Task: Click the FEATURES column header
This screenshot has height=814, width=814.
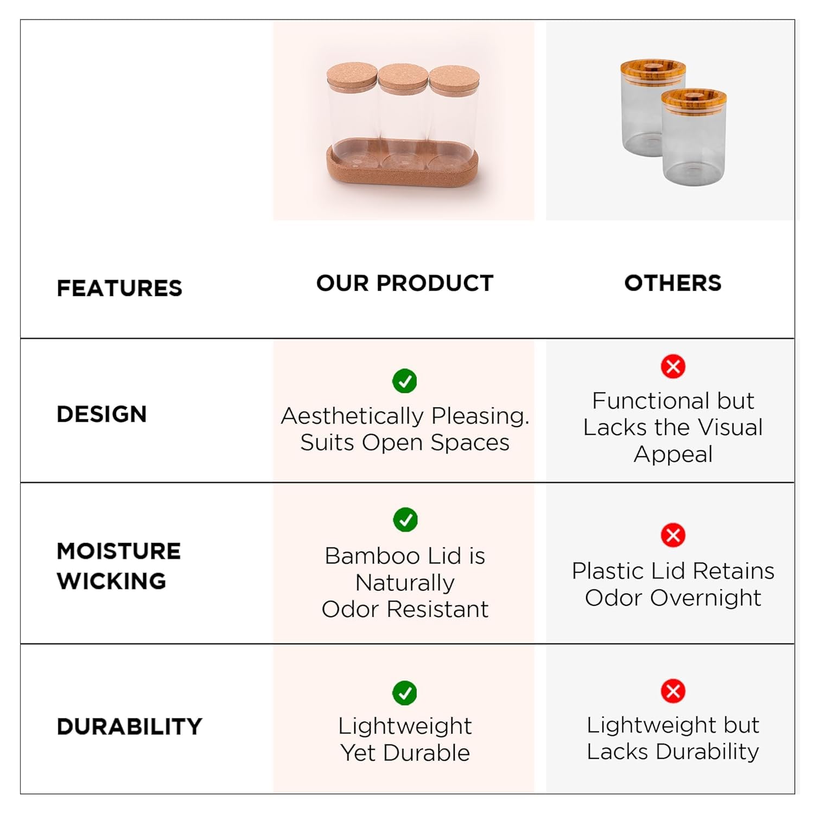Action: click(x=119, y=288)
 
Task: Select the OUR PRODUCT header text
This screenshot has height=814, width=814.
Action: click(x=405, y=283)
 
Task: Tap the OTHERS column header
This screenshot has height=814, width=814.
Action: click(x=673, y=283)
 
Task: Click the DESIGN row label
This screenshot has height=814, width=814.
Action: click(x=101, y=414)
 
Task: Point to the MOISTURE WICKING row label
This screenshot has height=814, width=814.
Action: click(x=118, y=566)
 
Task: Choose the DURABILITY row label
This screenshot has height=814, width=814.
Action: click(x=129, y=727)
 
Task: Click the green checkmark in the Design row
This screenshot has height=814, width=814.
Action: click(x=405, y=381)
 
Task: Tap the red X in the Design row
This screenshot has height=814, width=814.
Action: click(x=673, y=366)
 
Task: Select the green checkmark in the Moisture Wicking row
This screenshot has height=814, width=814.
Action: click(x=405, y=520)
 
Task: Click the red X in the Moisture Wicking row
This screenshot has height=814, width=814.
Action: click(x=673, y=536)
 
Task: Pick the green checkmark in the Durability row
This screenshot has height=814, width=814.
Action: click(x=405, y=693)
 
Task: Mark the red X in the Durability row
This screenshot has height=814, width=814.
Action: click(x=673, y=691)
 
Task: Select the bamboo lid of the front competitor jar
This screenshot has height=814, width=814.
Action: click(x=694, y=101)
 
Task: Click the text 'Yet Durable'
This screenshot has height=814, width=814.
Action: click(x=405, y=753)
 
